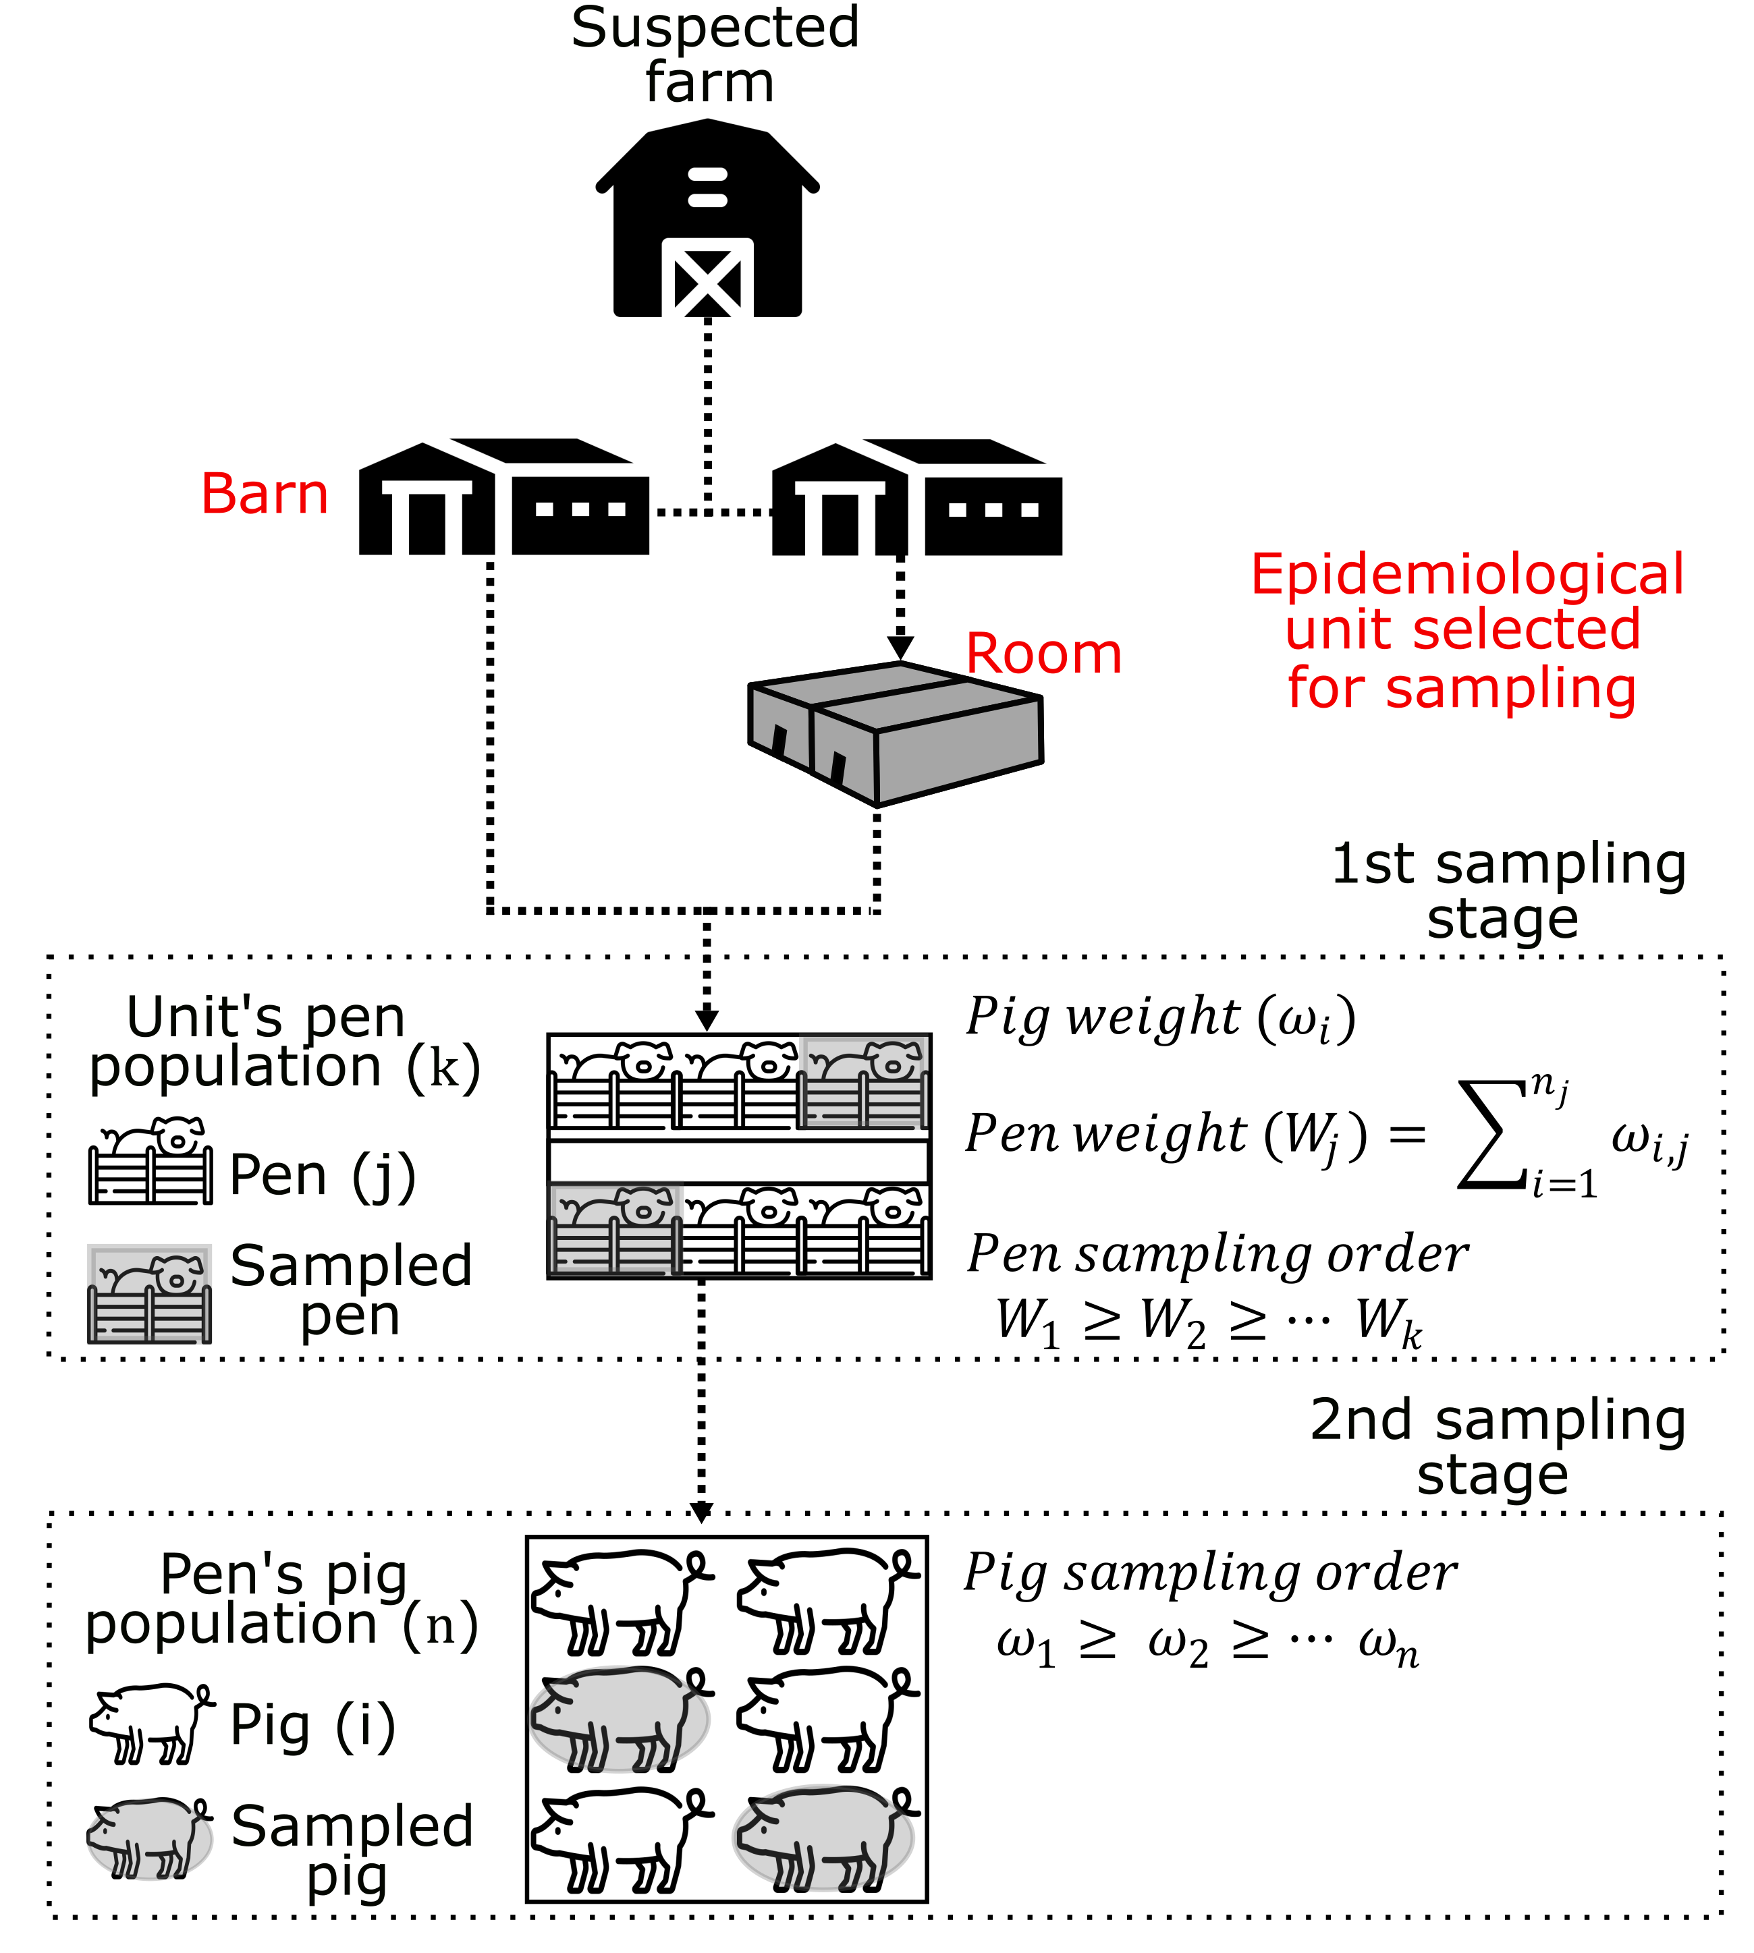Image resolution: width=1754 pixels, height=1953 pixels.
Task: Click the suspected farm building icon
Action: coord(707,220)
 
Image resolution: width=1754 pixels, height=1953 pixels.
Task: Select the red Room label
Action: coord(1044,654)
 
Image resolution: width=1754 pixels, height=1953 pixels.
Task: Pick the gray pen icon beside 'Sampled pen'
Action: coord(149,1294)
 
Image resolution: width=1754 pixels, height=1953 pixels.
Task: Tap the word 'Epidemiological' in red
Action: coord(1467,575)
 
